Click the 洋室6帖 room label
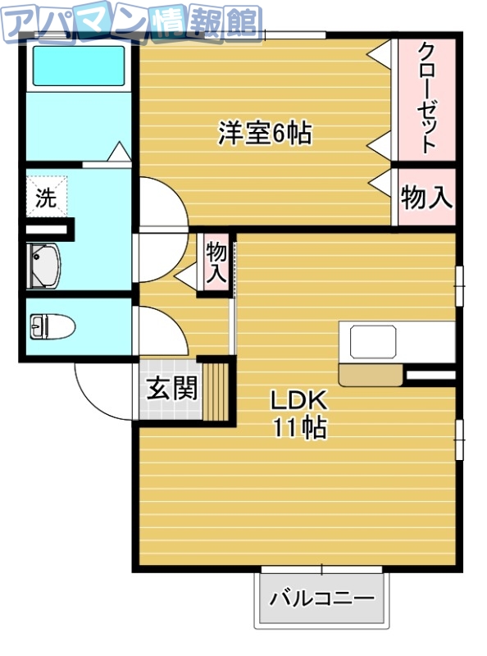[x=265, y=133]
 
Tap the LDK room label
[x=300, y=401]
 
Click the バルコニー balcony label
[x=322, y=596]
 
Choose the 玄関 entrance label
[x=172, y=388]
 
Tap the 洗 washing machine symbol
[x=46, y=198]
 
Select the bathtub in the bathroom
[x=78, y=66]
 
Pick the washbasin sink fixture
[x=45, y=265]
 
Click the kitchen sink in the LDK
[x=374, y=341]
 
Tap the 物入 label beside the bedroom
[x=426, y=197]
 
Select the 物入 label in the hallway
[x=216, y=262]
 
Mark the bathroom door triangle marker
[x=119, y=152]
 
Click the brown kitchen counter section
[x=369, y=375]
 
